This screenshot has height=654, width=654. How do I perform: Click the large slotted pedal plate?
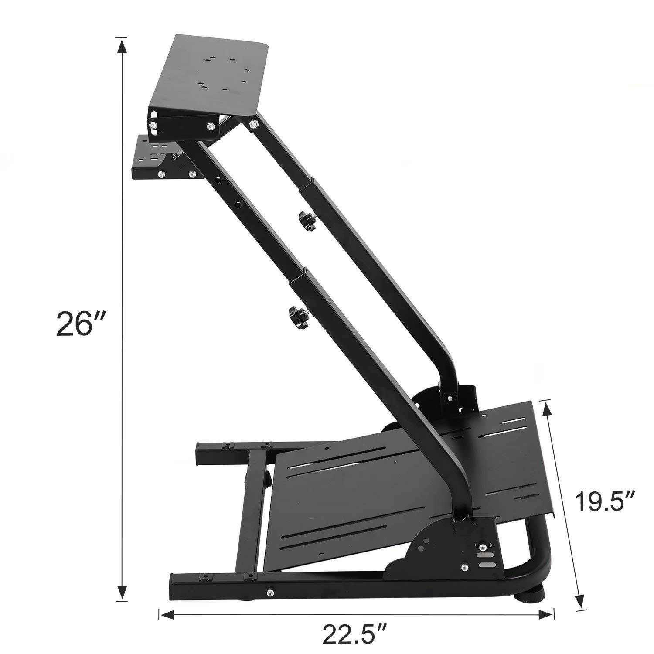pyautogui.click(x=392, y=471)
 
